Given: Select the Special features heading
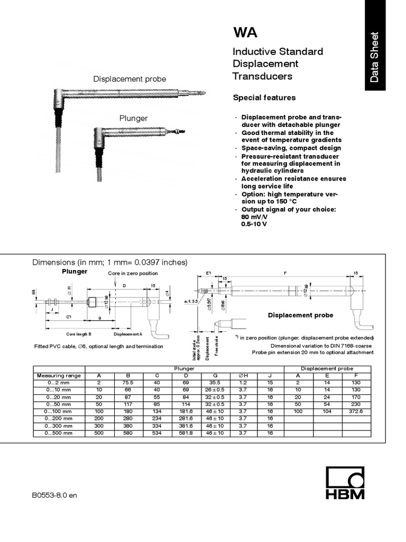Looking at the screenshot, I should (264, 98).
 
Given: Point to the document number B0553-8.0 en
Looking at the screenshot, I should (54, 495).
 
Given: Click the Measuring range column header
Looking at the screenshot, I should (59, 375).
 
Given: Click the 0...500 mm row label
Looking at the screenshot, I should (59, 433).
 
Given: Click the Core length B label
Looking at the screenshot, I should (79, 334).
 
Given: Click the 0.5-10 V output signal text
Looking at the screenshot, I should (255, 224).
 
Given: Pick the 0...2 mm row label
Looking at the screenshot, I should (59, 383).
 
